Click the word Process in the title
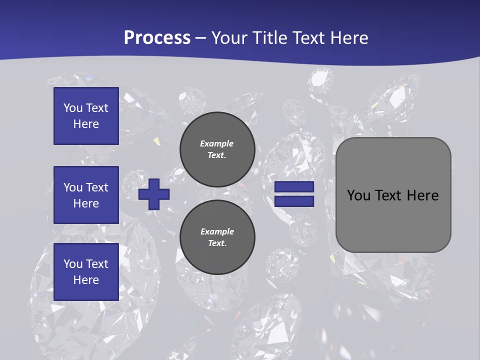point(157,38)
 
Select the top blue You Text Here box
point(86,116)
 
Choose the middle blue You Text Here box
point(86,195)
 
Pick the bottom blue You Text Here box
point(86,272)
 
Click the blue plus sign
point(154,194)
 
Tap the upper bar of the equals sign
point(294,187)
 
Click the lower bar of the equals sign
point(294,201)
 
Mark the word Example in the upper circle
point(216,143)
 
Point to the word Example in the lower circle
point(217,231)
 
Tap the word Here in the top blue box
point(86,124)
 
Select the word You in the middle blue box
point(73,187)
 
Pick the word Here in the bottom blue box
point(86,280)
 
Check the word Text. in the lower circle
point(217,243)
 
